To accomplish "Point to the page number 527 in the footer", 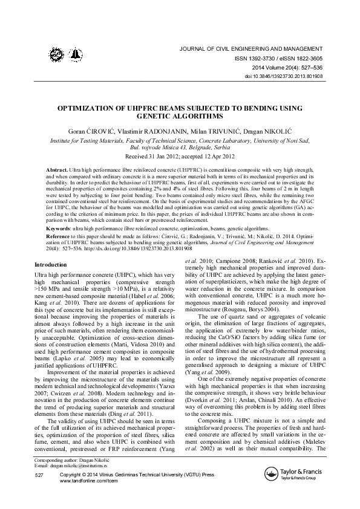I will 40,477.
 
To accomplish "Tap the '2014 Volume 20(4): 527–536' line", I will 287,68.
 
